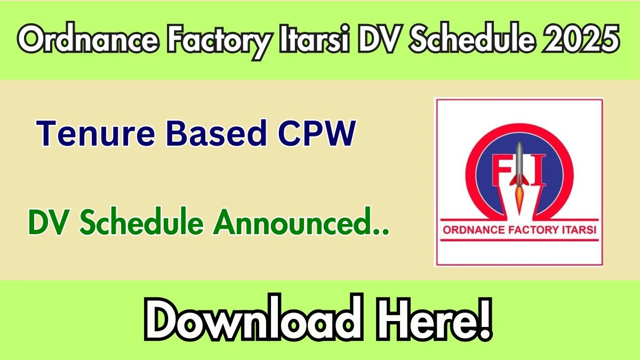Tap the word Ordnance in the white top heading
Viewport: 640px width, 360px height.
point(88,38)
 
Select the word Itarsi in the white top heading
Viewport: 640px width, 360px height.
point(314,38)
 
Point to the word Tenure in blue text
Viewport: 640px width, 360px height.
point(95,133)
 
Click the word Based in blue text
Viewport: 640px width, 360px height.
point(217,133)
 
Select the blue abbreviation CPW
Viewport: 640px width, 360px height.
point(317,133)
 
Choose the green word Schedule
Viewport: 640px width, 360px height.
point(142,221)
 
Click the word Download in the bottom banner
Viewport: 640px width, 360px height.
point(254,317)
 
